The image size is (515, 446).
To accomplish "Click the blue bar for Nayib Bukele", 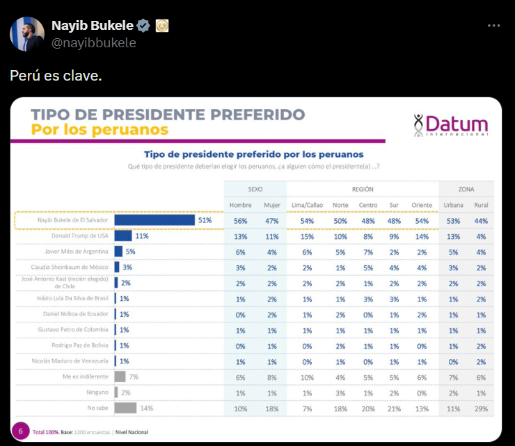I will coord(154,220).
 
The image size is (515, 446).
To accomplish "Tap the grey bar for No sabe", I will coord(125,408).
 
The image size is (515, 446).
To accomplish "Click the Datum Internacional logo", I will coord(450,126).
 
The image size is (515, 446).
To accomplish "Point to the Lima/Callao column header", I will coord(306,205).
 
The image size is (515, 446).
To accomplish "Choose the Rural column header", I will coord(480,205).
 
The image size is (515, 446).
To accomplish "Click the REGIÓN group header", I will coord(362,189).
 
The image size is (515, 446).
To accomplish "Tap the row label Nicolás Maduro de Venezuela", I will coord(71,361).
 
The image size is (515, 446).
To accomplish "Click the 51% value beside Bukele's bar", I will coord(205,220).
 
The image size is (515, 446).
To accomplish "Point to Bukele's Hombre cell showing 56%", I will coord(241,221).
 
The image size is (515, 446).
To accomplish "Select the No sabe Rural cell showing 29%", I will coord(480,408).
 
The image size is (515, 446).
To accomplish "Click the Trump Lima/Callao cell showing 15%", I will coord(306,236).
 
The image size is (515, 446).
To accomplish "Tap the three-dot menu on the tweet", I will coord(493,26).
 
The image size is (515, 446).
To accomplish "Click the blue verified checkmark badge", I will coord(143,26).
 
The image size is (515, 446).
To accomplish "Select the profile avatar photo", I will coord(27,34).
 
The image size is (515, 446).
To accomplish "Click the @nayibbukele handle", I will coord(93,43).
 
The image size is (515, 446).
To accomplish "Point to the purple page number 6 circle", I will coord(21,431).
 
